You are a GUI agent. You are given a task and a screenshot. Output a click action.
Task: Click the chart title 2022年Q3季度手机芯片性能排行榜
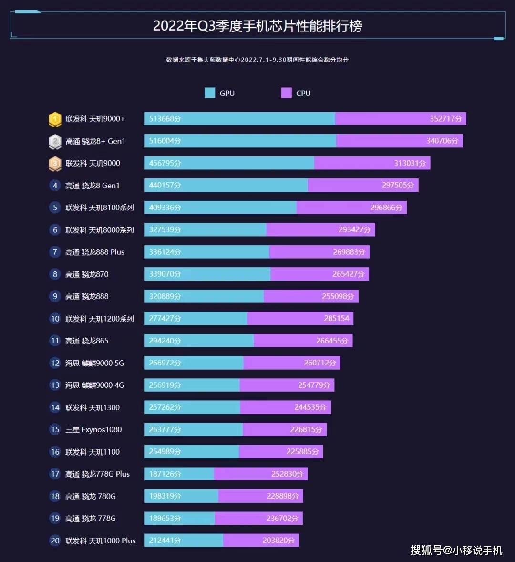257,26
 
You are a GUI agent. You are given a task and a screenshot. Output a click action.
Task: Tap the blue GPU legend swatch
209,93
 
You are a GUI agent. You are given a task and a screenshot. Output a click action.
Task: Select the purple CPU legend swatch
286,93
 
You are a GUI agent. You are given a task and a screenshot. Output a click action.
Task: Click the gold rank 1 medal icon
55,119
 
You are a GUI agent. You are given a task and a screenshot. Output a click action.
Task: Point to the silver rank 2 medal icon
55,141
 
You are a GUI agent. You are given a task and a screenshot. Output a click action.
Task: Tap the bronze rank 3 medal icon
55,164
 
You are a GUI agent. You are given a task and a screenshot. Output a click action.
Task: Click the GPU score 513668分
165,119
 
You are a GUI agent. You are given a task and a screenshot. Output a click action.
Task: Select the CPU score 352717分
445,119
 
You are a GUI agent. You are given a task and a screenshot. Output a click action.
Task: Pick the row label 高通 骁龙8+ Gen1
95,141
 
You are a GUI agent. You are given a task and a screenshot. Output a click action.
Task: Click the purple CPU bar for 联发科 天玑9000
372,163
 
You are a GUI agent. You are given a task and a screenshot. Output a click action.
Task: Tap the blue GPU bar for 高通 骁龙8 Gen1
226,185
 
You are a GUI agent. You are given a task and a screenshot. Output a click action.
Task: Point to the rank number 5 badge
55,208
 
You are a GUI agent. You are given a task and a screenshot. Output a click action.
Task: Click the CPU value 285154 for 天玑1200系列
336,318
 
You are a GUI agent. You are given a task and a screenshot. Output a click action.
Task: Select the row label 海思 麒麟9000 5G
94,363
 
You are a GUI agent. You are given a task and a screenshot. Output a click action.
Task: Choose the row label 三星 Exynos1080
93,429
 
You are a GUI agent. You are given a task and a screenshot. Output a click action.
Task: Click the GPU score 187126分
165,474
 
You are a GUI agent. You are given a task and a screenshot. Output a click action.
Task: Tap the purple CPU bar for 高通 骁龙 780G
261,496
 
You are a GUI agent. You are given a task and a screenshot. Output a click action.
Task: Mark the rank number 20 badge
55,541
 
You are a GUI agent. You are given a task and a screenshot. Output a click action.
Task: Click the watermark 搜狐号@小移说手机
456,550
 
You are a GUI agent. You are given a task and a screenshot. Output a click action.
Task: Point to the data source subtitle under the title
257,60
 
